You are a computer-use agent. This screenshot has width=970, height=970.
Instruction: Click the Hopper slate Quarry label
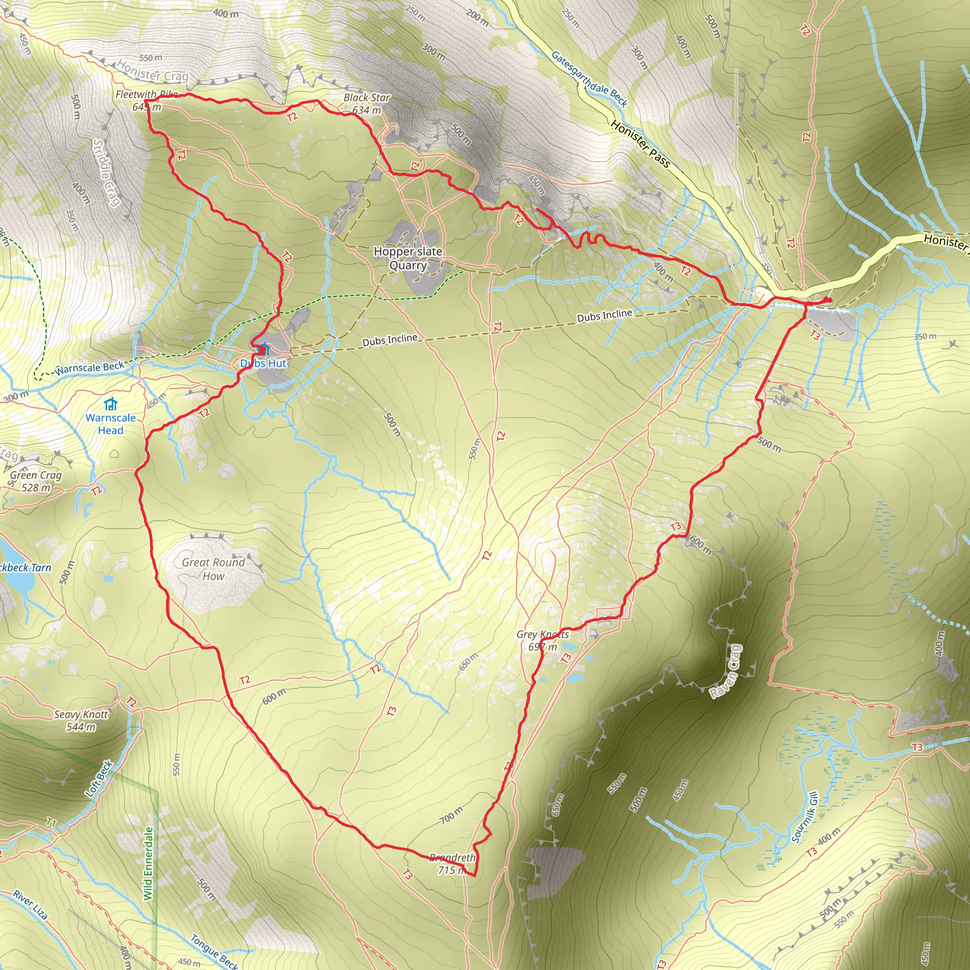[408, 258]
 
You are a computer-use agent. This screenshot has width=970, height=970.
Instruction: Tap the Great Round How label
[214, 569]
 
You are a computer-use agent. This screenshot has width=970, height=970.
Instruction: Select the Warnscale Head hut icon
[110, 404]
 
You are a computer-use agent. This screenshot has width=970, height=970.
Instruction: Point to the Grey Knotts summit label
[543, 640]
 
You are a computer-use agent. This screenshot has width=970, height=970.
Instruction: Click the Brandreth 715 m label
[452, 863]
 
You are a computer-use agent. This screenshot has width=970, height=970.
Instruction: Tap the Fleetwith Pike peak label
[147, 100]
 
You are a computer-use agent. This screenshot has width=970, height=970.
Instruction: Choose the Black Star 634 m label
[367, 103]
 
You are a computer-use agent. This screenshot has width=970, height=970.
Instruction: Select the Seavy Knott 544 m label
[81, 720]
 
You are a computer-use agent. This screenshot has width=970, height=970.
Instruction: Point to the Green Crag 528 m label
[36, 481]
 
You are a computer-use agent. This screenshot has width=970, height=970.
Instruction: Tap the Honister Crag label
[153, 72]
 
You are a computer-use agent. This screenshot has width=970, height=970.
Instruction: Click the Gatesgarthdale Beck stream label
[589, 79]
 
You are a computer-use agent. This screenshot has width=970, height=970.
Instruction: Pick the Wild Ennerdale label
[148, 863]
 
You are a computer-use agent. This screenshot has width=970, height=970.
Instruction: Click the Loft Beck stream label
[99, 779]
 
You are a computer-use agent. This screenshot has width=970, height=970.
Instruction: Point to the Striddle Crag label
[107, 172]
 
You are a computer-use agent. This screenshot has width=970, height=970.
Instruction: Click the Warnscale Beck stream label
[90, 368]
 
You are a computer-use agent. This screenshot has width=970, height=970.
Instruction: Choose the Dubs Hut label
[263, 363]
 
